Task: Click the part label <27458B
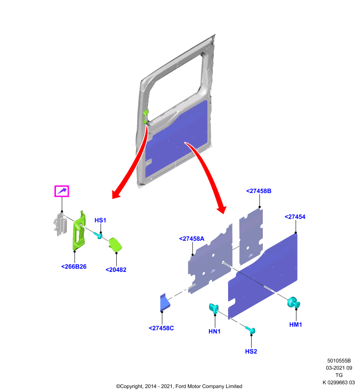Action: tap(258, 191)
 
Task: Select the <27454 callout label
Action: tap(295, 217)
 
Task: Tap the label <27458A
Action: tap(192, 239)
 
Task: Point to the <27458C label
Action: tap(161, 328)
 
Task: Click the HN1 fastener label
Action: tap(214, 332)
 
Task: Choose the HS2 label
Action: tap(251, 351)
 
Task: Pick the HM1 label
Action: tap(295, 325)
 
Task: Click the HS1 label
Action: tap(101, 220)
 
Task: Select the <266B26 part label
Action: tap(74, 267)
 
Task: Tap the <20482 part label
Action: tap(116, 270)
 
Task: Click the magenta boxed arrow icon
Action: tap(62, 191)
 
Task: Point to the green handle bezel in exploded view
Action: tap(79, 231)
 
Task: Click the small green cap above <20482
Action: tap(115, 244)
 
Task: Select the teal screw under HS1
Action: tap(98, 235)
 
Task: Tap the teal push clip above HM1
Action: tap(293, 302)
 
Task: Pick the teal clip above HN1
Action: tap(214, 309)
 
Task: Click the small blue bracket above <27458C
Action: tap(165, 302)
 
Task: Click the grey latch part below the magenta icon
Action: tap(59, 224)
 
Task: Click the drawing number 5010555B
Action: tap(339, 361)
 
